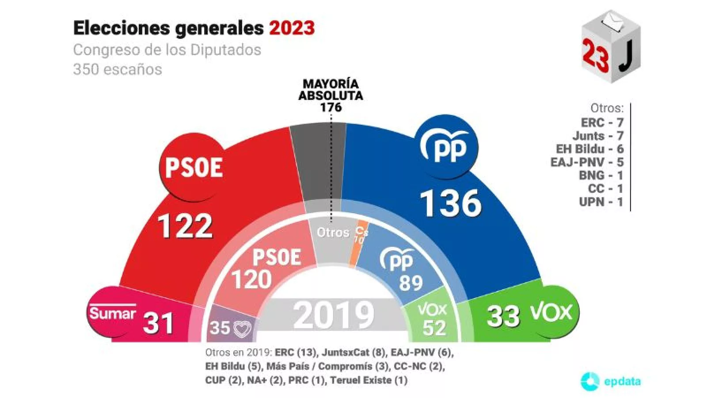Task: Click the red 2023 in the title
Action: click(292, 28)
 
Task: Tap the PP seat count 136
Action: click(450, 203)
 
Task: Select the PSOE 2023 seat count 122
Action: click(185, 226)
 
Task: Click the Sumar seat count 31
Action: click(158, 323)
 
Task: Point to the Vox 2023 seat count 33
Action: click(503, 316)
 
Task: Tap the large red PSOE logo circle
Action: click(194, 167)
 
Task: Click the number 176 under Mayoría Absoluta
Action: click(331, 107)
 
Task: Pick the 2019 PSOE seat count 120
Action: click(251, 280)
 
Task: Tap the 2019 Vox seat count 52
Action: click(434, 328)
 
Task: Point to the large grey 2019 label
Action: click(334, 315)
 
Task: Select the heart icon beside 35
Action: click(242, 329)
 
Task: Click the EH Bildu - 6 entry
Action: click(589, 149)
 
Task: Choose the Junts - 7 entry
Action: click(597, 136)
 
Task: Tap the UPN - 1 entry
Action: click(601, 202)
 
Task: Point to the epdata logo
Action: click(610, 381)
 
